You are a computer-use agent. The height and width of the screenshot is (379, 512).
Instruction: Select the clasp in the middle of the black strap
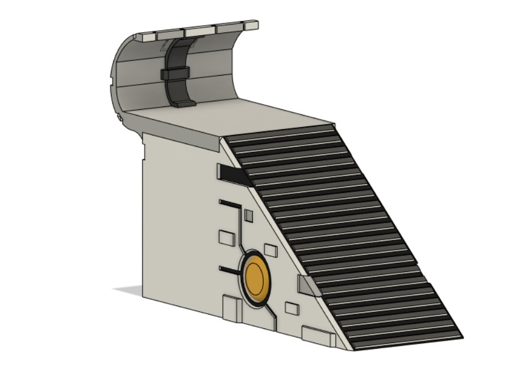click(x=176, y=73)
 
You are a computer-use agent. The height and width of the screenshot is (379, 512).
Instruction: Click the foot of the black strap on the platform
click(x=184, y=104)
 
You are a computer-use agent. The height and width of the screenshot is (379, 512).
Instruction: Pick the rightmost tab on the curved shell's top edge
click(x=249, y=26)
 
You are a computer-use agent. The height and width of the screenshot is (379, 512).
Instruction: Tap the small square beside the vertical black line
click(x=248, y=215)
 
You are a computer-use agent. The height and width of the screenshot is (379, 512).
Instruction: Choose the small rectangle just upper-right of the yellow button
click(x=270, y=249)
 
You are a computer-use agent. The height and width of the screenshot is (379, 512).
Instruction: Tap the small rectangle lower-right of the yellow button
click(x=292, y=308)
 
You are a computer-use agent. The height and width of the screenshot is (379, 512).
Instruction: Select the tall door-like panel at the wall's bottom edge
click(x=231, y=308)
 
